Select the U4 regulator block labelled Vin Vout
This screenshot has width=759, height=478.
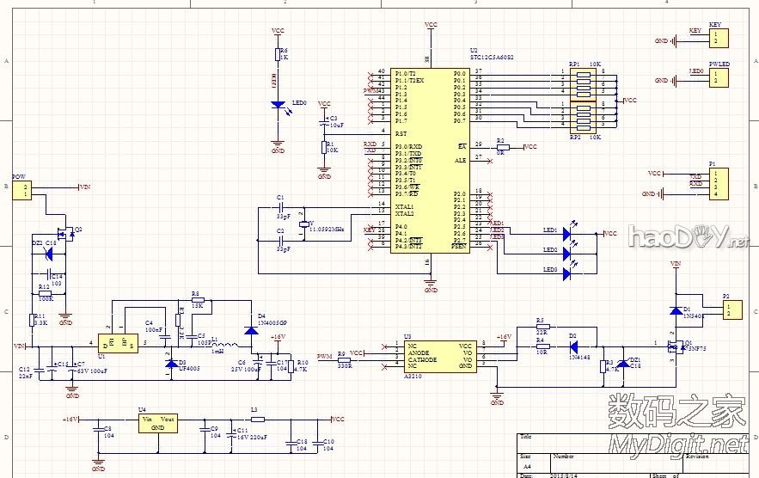click(158, 422)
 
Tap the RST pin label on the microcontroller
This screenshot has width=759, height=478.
click(401, 133)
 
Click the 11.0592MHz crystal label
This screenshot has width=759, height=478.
click(327, 230)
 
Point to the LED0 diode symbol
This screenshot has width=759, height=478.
click(278, 105)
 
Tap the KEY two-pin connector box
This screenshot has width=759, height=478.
click(714, 38)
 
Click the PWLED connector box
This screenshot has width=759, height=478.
click(714, 78)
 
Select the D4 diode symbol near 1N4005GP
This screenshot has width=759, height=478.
click(250, 328)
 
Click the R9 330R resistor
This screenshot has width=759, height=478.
click(345, 359)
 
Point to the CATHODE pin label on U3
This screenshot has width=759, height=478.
click(423, 359)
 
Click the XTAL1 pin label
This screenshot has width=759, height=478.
click(405, 206)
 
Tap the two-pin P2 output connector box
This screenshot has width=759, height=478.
click(730, 308)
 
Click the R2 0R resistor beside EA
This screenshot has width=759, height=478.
click(502, 148)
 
